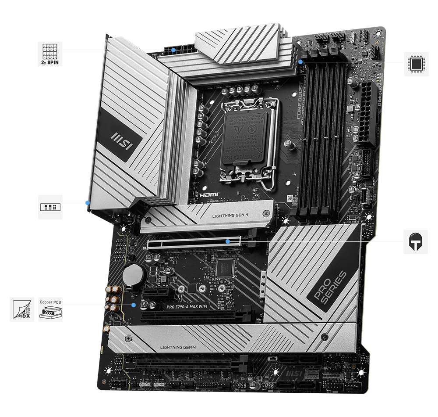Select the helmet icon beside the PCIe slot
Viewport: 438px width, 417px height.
pyautogui.click(x=415, y=241)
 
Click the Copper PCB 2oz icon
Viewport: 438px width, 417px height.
pyautogui.click(x=50, y=309)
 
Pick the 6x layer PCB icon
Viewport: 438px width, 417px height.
pyautogui.click(x=22, y=309)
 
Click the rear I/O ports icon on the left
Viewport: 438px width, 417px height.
pyautogui.click(x=50, y=207)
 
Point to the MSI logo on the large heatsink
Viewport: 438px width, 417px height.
pyautogui.click(x=120, y=139)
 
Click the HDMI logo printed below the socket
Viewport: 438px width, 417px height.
pyautogui.click(x=209, y=194)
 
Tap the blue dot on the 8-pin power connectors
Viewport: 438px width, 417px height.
pyautogui.click(x=174, y=50)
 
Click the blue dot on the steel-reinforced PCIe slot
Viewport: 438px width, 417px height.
pyautogui.click(x=228, y=241)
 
